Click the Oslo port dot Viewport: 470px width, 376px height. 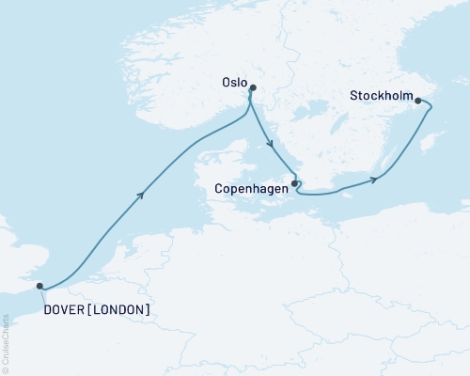point(252,88)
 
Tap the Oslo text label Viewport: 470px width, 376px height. point(232,83)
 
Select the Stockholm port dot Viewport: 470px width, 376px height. point(418,101)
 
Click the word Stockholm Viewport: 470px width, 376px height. point(380,96)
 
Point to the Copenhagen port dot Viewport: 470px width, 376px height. point(295,183)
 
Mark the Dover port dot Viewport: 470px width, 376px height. point(39,286)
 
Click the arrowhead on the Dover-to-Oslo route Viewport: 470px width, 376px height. point(141,194)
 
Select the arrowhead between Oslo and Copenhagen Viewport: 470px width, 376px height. point(271,144)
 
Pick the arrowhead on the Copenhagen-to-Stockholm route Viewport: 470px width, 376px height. point(375,179)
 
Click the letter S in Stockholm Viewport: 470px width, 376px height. point(352,96)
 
